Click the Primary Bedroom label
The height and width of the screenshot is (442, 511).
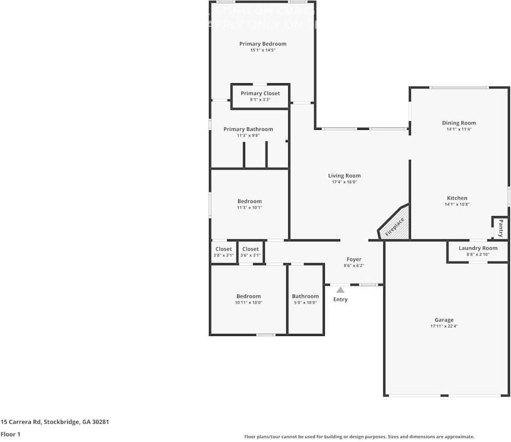click(x=262, y=44)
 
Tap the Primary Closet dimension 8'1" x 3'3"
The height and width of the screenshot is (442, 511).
click(x=260, y=100)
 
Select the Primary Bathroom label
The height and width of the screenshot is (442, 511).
click(x=248, y=129)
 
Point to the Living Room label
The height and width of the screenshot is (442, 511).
click(x=344, y=176)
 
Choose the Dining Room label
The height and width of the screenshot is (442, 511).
click(x=459, y=123)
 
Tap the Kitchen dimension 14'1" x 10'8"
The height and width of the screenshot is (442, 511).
click(x=457, y=204)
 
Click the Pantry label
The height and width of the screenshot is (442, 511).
click(x=501, y=228)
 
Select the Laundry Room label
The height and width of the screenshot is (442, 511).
click(x=478, y=248)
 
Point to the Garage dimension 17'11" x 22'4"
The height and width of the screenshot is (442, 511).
click(x=444, y=326)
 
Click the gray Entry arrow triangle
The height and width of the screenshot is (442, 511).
click(x=340, y=290)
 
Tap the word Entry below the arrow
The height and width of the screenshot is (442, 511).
click(x=340, y=299)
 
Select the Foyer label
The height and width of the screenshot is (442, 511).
click(x=354, y=260)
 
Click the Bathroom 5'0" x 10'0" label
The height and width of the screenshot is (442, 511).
click(x=305, y=297)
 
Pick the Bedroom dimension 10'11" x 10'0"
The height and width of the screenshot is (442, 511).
click(x=248, y=302)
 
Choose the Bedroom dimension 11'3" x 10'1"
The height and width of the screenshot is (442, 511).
click(x=249, y=208)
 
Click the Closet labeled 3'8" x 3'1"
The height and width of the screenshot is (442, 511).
click(x=223, y=249)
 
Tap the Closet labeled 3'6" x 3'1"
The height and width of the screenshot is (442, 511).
click(x=250, y=249)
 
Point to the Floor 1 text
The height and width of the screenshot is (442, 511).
click(x=11, y=434)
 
